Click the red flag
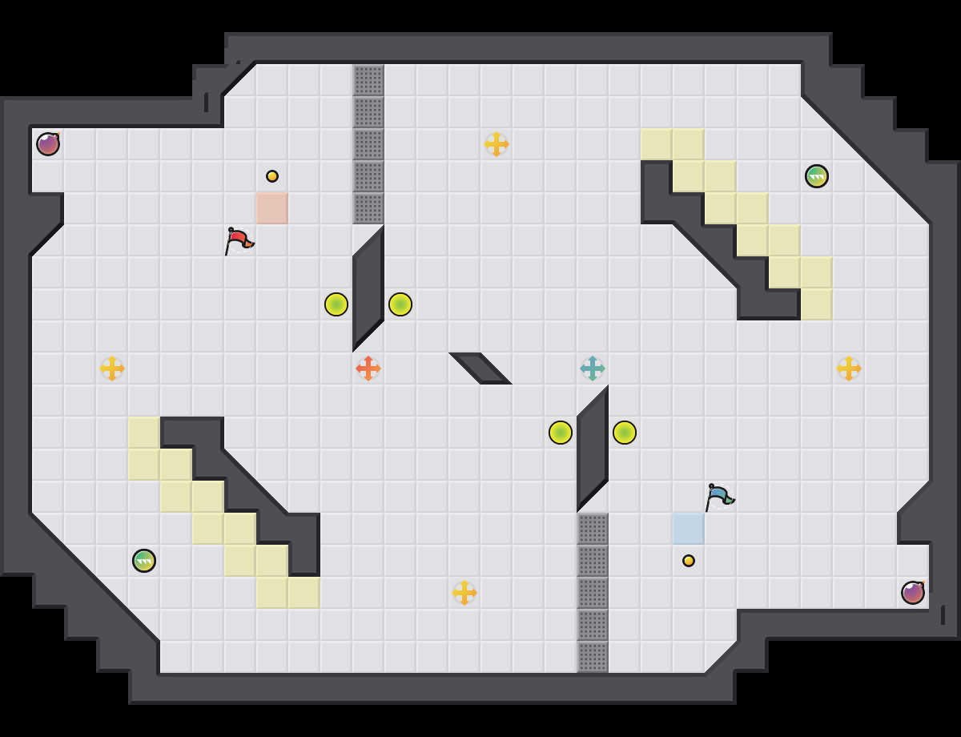(x=238, y=240)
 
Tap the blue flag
(x=718, y=496)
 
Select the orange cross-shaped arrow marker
(x=368, y=368)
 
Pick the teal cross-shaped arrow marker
(x=593, y=368)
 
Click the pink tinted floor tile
(x=272, y=208)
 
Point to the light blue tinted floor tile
(x=689, y=529)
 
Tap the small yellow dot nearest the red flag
(x=272, y=176)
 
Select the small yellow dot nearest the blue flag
(x=689, y=561)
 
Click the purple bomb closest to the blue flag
(x=913, y=593)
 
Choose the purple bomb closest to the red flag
(x=48, y=144)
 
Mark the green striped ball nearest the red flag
(x=144, y=561)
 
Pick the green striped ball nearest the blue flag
(x=817, y=176)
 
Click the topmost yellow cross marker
(x=497, y=144)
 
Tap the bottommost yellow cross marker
(x=464, y=593)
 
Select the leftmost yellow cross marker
(x=112, y=368)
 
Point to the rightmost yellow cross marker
(x=849, y=368)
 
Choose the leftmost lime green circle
(x=336, y=304)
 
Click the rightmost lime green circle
(x=625, y=433)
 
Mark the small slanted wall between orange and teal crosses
(x=480, y=368)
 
